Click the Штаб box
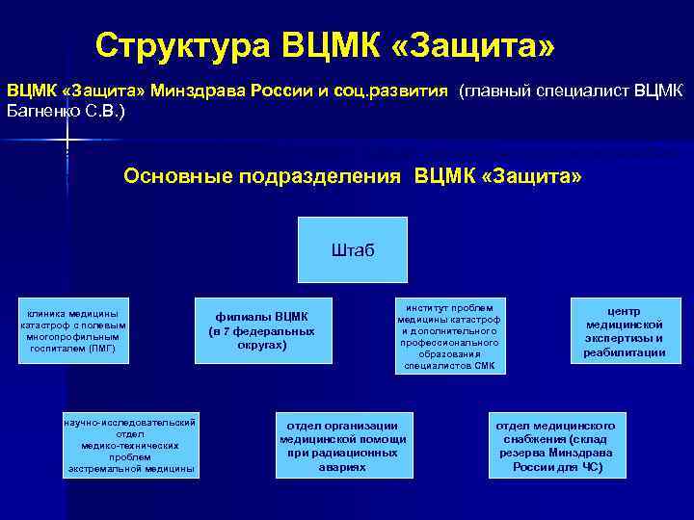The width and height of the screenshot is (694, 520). (352, 250)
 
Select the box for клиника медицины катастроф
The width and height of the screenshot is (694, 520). (72, 331)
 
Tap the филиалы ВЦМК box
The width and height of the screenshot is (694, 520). (262, 330)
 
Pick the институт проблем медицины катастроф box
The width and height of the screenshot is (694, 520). (450, 335)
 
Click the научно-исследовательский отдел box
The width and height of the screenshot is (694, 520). (130, 446)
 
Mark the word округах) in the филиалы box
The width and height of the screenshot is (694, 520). (262, 345)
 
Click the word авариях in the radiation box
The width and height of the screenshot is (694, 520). (342, 467)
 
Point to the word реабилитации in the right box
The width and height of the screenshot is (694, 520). (625, 352)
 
